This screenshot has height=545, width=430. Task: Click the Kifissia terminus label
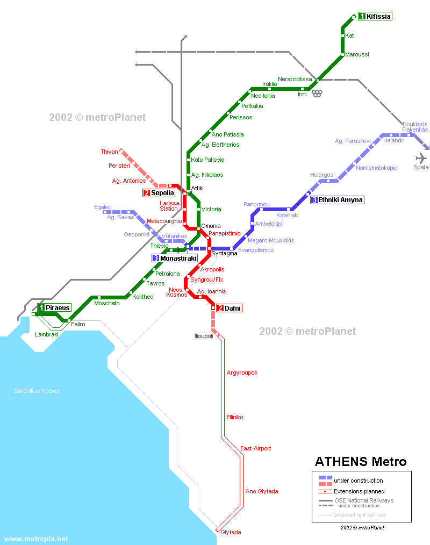pyautogui.click(x=375, y=17)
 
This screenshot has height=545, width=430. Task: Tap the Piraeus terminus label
pyautogui.click(x=54, y=307)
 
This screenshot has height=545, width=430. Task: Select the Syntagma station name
pyautogui.click(x=224, y=253)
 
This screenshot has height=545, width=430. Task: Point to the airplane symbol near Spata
pyautogui.click(x=421, y=158)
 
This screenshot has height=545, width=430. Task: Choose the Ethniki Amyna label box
pyautogui.click(x=337, y=200)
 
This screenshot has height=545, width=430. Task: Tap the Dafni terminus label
pyautogui.click(x=229, y=308)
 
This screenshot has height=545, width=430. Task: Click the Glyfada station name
pyautogui.click(x=231, y=532)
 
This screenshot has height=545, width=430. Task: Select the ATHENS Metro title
pyautogui.click(x=361, y=462)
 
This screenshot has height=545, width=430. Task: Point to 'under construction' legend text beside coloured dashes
pyautogui.click(x=358, y=481)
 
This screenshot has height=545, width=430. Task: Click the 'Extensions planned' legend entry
pyautogui.click(x=359, y=491)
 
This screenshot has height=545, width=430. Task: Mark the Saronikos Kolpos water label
pyautogui.click(x=37, y=391)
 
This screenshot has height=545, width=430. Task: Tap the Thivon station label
pyautogui.click(x=109, y=152)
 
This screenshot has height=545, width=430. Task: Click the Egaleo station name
pyautogui.click(x=103, y=207)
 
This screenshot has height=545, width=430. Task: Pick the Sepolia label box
pyautogui.click(x=159, y=193)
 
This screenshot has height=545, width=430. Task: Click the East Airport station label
pyautogui.click(x=255, y=448)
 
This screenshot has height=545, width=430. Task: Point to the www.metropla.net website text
pyautogui.click(x=36, y=539)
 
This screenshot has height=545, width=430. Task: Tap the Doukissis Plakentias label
pyautogui.click(x=414, y=127)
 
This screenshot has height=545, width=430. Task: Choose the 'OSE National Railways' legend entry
pyautogui.click(x=363, y=500)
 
